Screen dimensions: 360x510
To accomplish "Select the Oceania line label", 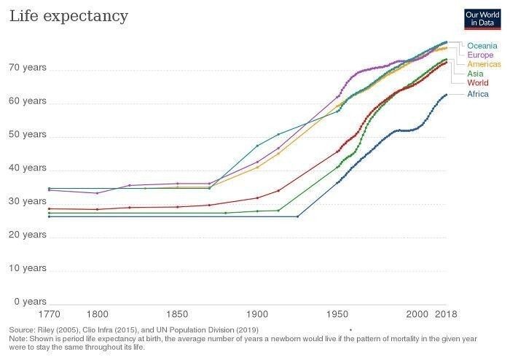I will click(482, 45).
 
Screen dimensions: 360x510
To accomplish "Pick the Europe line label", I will click(480, 55).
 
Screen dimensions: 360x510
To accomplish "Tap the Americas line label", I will click(484, 64).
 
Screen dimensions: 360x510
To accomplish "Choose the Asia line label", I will click(476, 74).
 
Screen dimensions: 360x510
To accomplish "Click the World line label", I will click(478, 83).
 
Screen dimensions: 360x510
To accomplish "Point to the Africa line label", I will click(478, 94).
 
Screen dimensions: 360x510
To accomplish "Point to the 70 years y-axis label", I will click(28, 68).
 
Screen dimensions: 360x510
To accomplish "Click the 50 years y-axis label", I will click(28, 135).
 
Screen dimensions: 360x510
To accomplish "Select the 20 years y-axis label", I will click(28, 235).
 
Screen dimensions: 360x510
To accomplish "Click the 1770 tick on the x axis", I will click(49, 314).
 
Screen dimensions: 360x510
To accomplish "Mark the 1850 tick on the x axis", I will click(177, 314).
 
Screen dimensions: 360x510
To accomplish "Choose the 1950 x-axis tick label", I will click(337, 314).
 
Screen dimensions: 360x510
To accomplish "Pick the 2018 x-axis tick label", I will click(446, 314).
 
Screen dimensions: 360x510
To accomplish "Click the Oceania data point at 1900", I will click(257, 146).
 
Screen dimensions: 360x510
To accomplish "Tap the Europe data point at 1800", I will click(97, 193).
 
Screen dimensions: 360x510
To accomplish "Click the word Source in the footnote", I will click(23, 330).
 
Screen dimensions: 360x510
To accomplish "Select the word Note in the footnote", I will click(19, 339).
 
